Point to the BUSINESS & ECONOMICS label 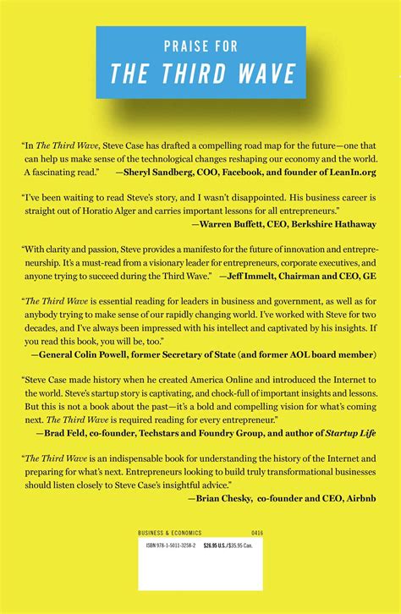168,533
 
